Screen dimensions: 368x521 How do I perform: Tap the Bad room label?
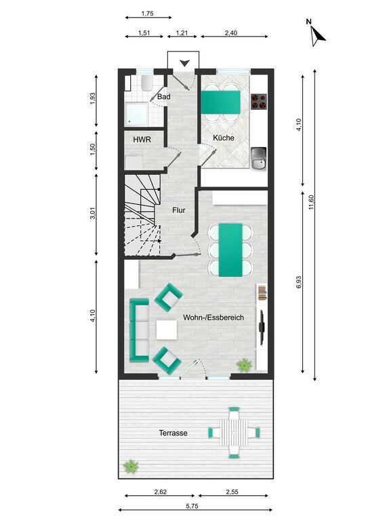click(x=163, y=97)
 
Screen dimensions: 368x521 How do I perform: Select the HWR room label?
click(x=142, y=140)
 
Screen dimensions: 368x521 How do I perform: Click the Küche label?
click(x=224, y=138)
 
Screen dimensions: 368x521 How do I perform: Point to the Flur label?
click(x=178, y=210)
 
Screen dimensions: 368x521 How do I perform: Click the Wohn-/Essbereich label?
click(x=213, y=317)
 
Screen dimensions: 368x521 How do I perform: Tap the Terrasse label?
click(x=173, y=433)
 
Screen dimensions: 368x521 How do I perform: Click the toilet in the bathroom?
click(x=146, y=83)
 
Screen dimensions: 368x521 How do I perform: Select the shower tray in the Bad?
click(x=136, y=114)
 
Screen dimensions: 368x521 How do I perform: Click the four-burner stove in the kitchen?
click(x=259, y=101)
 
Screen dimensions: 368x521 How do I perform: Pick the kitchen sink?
click(x=259, y=159)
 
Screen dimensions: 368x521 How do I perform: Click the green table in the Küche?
click(x=220, y=102)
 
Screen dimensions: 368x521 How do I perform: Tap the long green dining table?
click(x=230, y=250)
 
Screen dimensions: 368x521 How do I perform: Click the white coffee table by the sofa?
click(x=167, y=330)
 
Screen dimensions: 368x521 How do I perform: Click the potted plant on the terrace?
click(x=131, y=467)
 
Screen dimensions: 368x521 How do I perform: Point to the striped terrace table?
click(x=234, y=433)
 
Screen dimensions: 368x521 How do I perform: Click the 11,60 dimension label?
click(x=311, y=202)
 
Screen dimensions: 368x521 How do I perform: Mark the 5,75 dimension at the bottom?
click(x=192, y=506)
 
